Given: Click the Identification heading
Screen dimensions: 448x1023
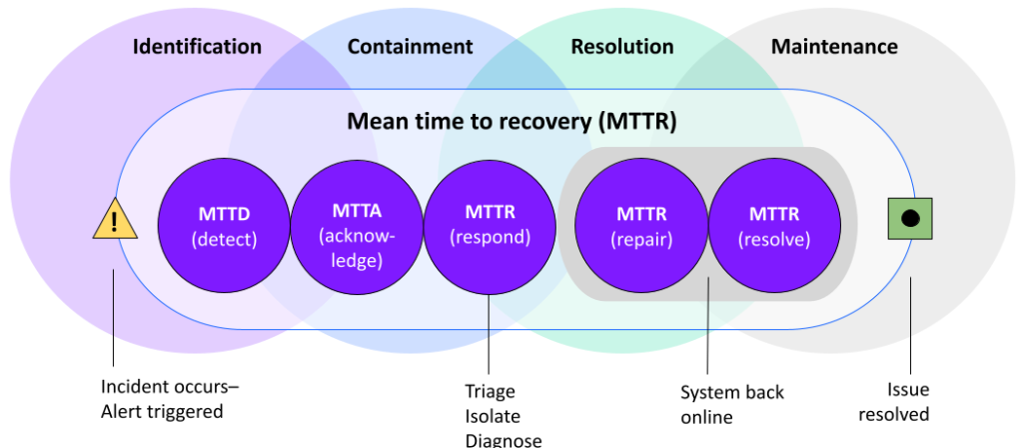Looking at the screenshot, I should point(197,47).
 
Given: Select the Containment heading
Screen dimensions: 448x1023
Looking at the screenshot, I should point(410,47).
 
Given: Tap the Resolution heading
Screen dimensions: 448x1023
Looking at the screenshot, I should point(621,47).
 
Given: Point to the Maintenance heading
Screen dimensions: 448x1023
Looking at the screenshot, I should point(834,47).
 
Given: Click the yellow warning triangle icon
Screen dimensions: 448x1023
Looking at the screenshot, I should point(115,221).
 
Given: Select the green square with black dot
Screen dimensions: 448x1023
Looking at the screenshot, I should point(910,219).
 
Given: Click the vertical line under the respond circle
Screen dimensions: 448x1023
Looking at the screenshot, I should point(489,315).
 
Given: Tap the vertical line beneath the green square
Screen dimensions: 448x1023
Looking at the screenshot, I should point(910,308).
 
